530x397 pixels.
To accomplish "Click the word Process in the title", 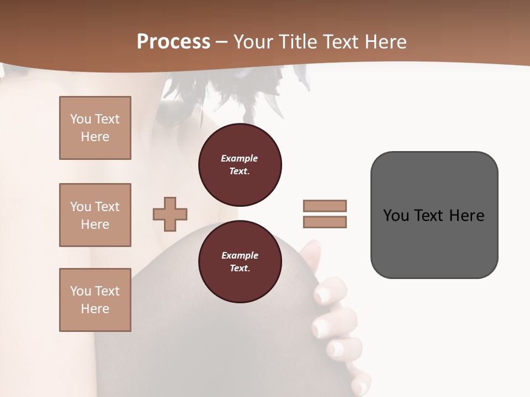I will (173, 42).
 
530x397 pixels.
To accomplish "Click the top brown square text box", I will (95, 128).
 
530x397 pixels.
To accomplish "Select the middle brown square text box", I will (95, 215).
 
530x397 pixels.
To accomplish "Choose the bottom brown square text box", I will (95, 300).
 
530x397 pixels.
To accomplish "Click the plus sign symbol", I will (170, 214).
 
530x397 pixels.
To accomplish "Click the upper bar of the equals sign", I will (325, 206).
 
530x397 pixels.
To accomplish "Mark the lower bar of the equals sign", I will (325, 222).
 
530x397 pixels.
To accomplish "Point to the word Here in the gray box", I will (467, 216).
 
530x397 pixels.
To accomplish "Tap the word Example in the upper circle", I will (240, 158).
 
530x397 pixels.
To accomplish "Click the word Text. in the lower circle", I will (240, 268).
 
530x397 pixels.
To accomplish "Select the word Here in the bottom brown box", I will (95, 309).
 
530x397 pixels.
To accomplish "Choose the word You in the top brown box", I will (80, 119).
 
